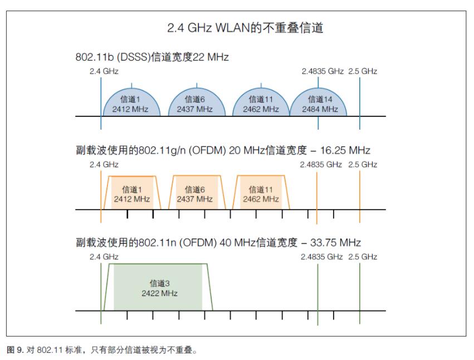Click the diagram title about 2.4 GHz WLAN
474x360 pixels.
pos(237,28)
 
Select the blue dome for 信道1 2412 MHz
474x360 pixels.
pos(131,102)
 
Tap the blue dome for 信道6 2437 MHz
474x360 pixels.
pos(195,102)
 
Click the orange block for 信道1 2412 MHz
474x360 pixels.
pos(132,194)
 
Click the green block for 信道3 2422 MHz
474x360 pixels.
pos(159,288)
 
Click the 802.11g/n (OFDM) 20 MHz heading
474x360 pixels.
pos(223,151)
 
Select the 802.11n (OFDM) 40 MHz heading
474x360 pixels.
pos(218,243)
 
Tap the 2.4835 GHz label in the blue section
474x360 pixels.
pos(322,72)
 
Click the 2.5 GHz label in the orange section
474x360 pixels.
pos(363,165)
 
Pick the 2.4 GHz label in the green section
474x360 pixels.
pos(104,257)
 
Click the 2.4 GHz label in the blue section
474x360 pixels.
pos(104,72)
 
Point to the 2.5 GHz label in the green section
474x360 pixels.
pos(363,257)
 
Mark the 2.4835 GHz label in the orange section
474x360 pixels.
pos(322,165)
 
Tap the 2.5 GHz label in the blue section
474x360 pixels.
pos(363,72)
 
